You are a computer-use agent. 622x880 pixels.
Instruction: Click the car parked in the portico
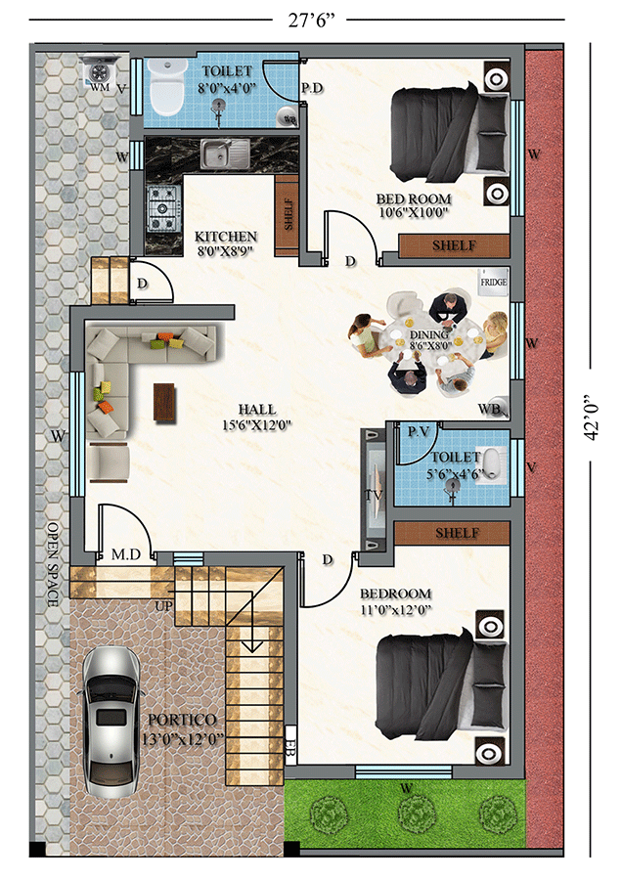[111, 723]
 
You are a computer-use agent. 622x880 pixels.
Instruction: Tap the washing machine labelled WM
[100, 72]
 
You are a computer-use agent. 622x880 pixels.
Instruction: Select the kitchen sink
[225, 154]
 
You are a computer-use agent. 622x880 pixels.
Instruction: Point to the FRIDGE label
[494, 283]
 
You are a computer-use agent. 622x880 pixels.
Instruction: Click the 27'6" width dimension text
[312, 21]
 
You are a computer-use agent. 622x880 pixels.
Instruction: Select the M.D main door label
[126, 554]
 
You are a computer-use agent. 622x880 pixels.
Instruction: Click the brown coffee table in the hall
[164, 402]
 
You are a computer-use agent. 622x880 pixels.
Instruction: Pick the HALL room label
[256, 409]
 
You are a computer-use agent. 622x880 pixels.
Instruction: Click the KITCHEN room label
[226, 237]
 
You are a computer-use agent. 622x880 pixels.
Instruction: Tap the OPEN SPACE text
[53, 564]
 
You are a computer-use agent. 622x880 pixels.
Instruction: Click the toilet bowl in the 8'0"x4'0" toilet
[166, 88]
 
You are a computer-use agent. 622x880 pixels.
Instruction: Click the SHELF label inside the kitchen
[289, 214]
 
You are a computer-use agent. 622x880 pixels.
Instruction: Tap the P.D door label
[312, 88]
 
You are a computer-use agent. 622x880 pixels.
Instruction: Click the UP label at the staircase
[164, 606]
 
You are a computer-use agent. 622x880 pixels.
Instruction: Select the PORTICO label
[182, 720]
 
